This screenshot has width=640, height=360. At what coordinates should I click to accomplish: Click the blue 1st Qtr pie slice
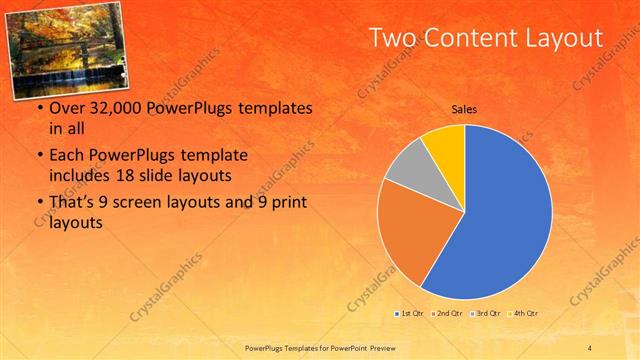click(500, 220)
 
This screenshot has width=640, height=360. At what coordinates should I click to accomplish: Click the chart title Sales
click(463, 109)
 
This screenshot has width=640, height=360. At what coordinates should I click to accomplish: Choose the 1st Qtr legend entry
click(410, 314)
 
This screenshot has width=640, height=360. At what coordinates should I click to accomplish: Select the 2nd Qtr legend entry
click(447, 314)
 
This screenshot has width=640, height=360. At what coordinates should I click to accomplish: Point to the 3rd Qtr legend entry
click(485, 314)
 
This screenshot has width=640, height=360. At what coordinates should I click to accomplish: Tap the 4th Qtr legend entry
click(523, 314)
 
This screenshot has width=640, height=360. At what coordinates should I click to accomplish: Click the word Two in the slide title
click(392, 38)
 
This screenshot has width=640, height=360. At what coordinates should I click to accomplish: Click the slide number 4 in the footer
click(590, 346)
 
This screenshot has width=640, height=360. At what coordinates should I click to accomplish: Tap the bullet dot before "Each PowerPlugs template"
click(39, 156)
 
